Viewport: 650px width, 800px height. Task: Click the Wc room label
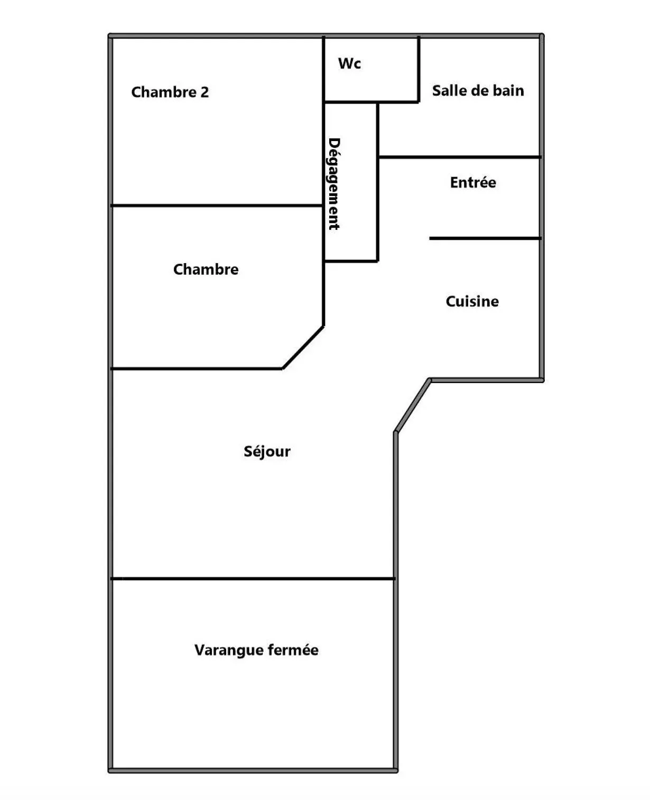coord(349,64)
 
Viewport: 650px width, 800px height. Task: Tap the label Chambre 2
coord(170,92)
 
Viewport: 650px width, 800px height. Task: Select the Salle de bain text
coord(478,91)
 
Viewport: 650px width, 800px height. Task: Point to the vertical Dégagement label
coord(334,184)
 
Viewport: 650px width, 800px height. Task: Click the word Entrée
coord(473,183)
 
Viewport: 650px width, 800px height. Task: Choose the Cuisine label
coord(472,302)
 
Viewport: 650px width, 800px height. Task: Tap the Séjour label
coord(267,452)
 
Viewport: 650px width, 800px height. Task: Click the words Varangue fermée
coord(256,650)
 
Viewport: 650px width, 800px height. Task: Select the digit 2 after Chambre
coord(205,92)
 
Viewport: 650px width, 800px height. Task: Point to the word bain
coord(508,91)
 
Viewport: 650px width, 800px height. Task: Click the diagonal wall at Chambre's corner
coord(303,347)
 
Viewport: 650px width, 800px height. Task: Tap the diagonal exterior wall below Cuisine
coord(413,406)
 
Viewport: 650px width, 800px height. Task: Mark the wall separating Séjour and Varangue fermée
coord(254,579)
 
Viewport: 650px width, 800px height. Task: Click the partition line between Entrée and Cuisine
coord(485,239)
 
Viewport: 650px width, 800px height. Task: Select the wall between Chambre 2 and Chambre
coord(217,205)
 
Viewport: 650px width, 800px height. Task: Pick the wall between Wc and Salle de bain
coord(419,69)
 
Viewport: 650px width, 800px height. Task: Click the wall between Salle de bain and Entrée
coord(460,157)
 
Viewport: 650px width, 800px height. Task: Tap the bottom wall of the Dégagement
coord(351,261)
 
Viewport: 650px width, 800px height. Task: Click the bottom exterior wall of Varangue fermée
coord(254,770)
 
